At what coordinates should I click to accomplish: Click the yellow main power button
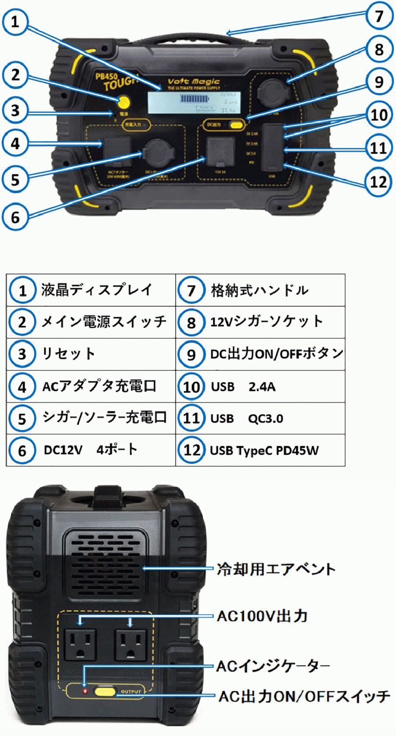(x=124, y=103)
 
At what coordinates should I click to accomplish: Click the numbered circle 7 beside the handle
(x=379, y=16)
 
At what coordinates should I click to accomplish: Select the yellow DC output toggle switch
(x=236, y=125)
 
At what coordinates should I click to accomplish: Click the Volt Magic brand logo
(x=193, y=82)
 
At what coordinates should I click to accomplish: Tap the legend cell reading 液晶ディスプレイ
(x=97, y=290)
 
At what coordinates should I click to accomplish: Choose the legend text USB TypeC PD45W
(x=264, y=450)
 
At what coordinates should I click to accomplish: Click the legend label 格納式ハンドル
(x=260, y=290)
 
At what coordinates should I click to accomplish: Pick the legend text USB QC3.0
(x=246, y=418)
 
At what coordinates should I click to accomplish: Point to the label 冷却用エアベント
(x=276, y=569)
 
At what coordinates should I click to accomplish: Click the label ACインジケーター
(x=273, y=666)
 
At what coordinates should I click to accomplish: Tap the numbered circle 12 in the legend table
(x=191, y=450)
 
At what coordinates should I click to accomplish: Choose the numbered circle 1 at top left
(x=15, y=21)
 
